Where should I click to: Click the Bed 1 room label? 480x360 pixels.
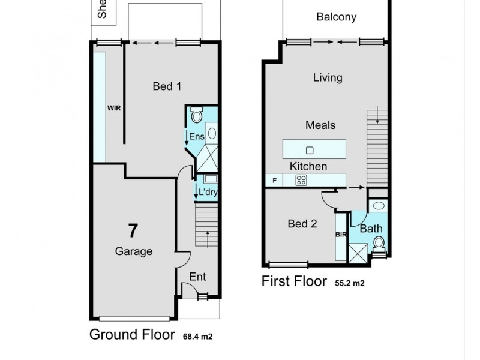(167, 86)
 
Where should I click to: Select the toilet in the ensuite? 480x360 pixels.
(197, 114)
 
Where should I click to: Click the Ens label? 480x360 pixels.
(197, 137)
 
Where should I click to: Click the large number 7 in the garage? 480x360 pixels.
(133, 230)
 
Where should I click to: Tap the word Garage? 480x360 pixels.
(133, 251)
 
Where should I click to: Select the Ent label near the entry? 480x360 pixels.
(197, 277)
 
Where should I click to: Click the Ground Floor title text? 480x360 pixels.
(132, 334)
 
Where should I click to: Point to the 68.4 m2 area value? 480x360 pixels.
(198, 337)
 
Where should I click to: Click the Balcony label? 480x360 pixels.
(336, 17)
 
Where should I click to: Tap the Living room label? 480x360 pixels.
(328, 77)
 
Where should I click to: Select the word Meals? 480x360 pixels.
(320, 125)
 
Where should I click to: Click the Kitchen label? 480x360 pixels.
(308, 166)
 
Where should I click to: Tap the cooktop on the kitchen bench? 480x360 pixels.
(301, 179)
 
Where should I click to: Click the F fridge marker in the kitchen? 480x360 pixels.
(274, 179)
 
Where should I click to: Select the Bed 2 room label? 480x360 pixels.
(302, 224)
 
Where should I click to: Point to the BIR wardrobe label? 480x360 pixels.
(341, 235)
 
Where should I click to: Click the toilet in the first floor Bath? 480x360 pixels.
(378, 243)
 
